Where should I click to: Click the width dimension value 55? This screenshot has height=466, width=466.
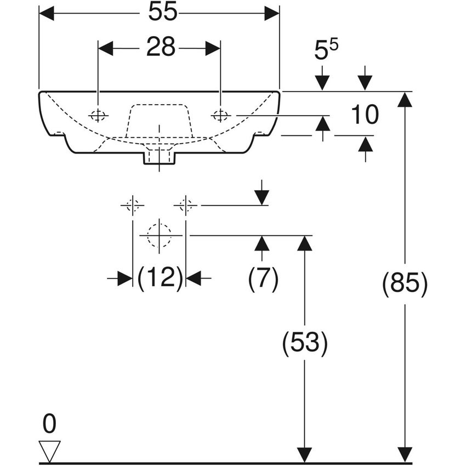163,13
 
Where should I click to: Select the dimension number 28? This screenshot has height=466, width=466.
160,48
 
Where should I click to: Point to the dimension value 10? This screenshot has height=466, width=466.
365,115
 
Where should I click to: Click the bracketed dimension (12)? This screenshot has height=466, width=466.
160,279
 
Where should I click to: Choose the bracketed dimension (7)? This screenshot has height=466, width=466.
263,279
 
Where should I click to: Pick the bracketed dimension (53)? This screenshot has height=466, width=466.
304,343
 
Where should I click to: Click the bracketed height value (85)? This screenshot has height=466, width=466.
405,285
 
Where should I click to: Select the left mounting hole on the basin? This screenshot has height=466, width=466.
98,115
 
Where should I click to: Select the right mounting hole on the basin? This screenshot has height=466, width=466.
220,115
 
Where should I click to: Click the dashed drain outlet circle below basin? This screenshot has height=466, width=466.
159,235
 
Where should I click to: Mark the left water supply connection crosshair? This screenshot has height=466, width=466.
132,206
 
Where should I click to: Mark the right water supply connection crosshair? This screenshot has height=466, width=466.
186,206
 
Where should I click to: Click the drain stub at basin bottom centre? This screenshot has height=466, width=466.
159,157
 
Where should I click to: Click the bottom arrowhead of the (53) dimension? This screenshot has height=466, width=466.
304,455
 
